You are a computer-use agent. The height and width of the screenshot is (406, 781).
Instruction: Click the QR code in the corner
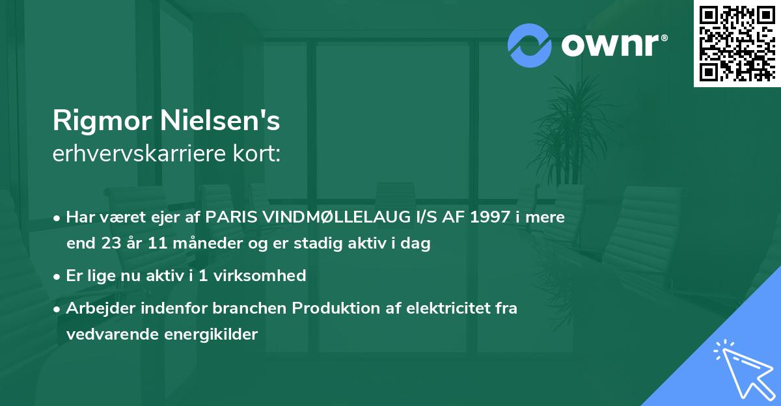(737, 43)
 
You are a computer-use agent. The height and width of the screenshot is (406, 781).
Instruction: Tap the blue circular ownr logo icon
(530, 45)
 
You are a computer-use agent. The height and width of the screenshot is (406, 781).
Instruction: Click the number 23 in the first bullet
(109, 244)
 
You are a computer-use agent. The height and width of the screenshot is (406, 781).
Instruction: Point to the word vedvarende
(111, 334)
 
